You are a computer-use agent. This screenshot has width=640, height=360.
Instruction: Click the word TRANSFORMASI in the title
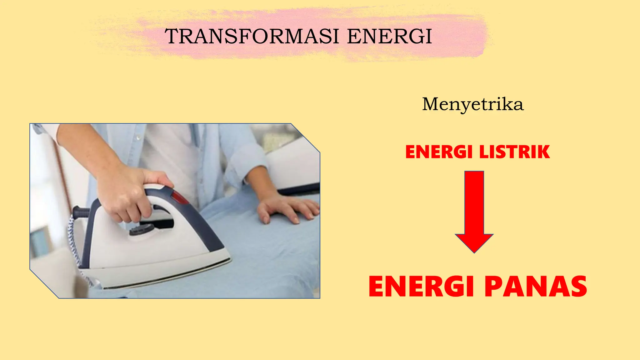point(252,36)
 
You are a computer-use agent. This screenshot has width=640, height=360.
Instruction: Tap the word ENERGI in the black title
point(389,36)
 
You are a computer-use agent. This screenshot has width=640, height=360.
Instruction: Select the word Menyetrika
point(472,104)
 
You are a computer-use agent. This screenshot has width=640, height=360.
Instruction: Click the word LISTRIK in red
point(514,152)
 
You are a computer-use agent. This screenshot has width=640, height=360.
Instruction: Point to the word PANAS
point(536,287)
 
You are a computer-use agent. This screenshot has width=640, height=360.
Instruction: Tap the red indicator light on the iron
point(179,197)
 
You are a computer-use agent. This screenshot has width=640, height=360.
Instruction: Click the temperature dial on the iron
point(142,230)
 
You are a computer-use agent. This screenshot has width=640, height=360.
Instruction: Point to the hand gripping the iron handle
point(131,194)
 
